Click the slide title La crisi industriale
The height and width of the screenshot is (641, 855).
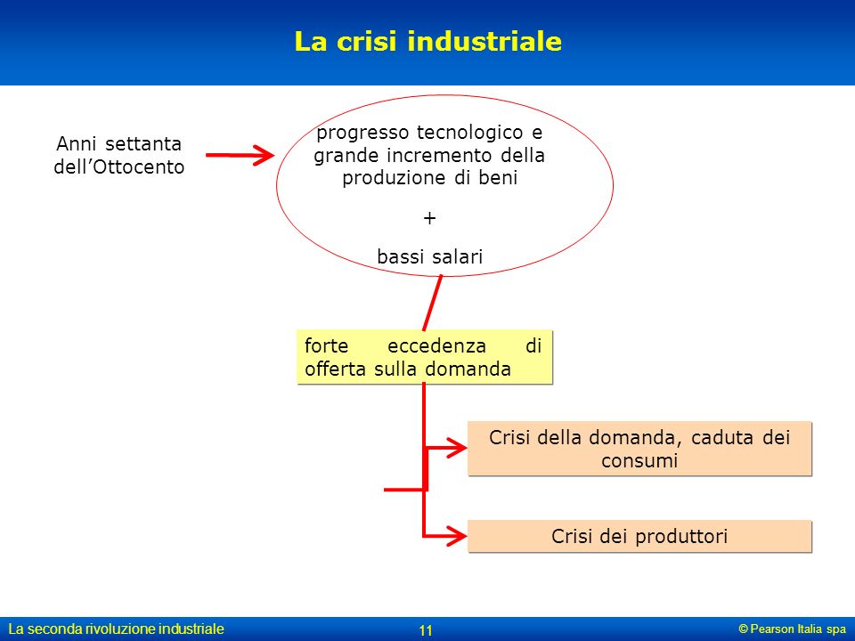[428, 42]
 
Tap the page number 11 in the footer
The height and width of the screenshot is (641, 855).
[426, 630]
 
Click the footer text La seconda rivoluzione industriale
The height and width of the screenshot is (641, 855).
[116, 629]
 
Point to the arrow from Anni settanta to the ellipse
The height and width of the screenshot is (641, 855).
[240, 155]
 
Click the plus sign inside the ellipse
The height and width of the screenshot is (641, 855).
[429, 218]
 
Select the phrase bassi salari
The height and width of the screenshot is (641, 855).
[429, 256]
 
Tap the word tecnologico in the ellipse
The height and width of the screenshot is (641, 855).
[470, 133]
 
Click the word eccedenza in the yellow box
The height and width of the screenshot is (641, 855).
[436, 345]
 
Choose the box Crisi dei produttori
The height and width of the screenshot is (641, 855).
[639, 536]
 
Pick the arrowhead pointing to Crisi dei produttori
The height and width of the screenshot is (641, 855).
[456, 536]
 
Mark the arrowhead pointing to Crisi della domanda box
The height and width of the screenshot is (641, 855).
[456, 448]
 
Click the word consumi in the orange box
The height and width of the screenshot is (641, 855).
[639, 461]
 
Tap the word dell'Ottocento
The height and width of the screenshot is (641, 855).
[118, 166]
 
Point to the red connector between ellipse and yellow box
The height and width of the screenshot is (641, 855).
[433, 303]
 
